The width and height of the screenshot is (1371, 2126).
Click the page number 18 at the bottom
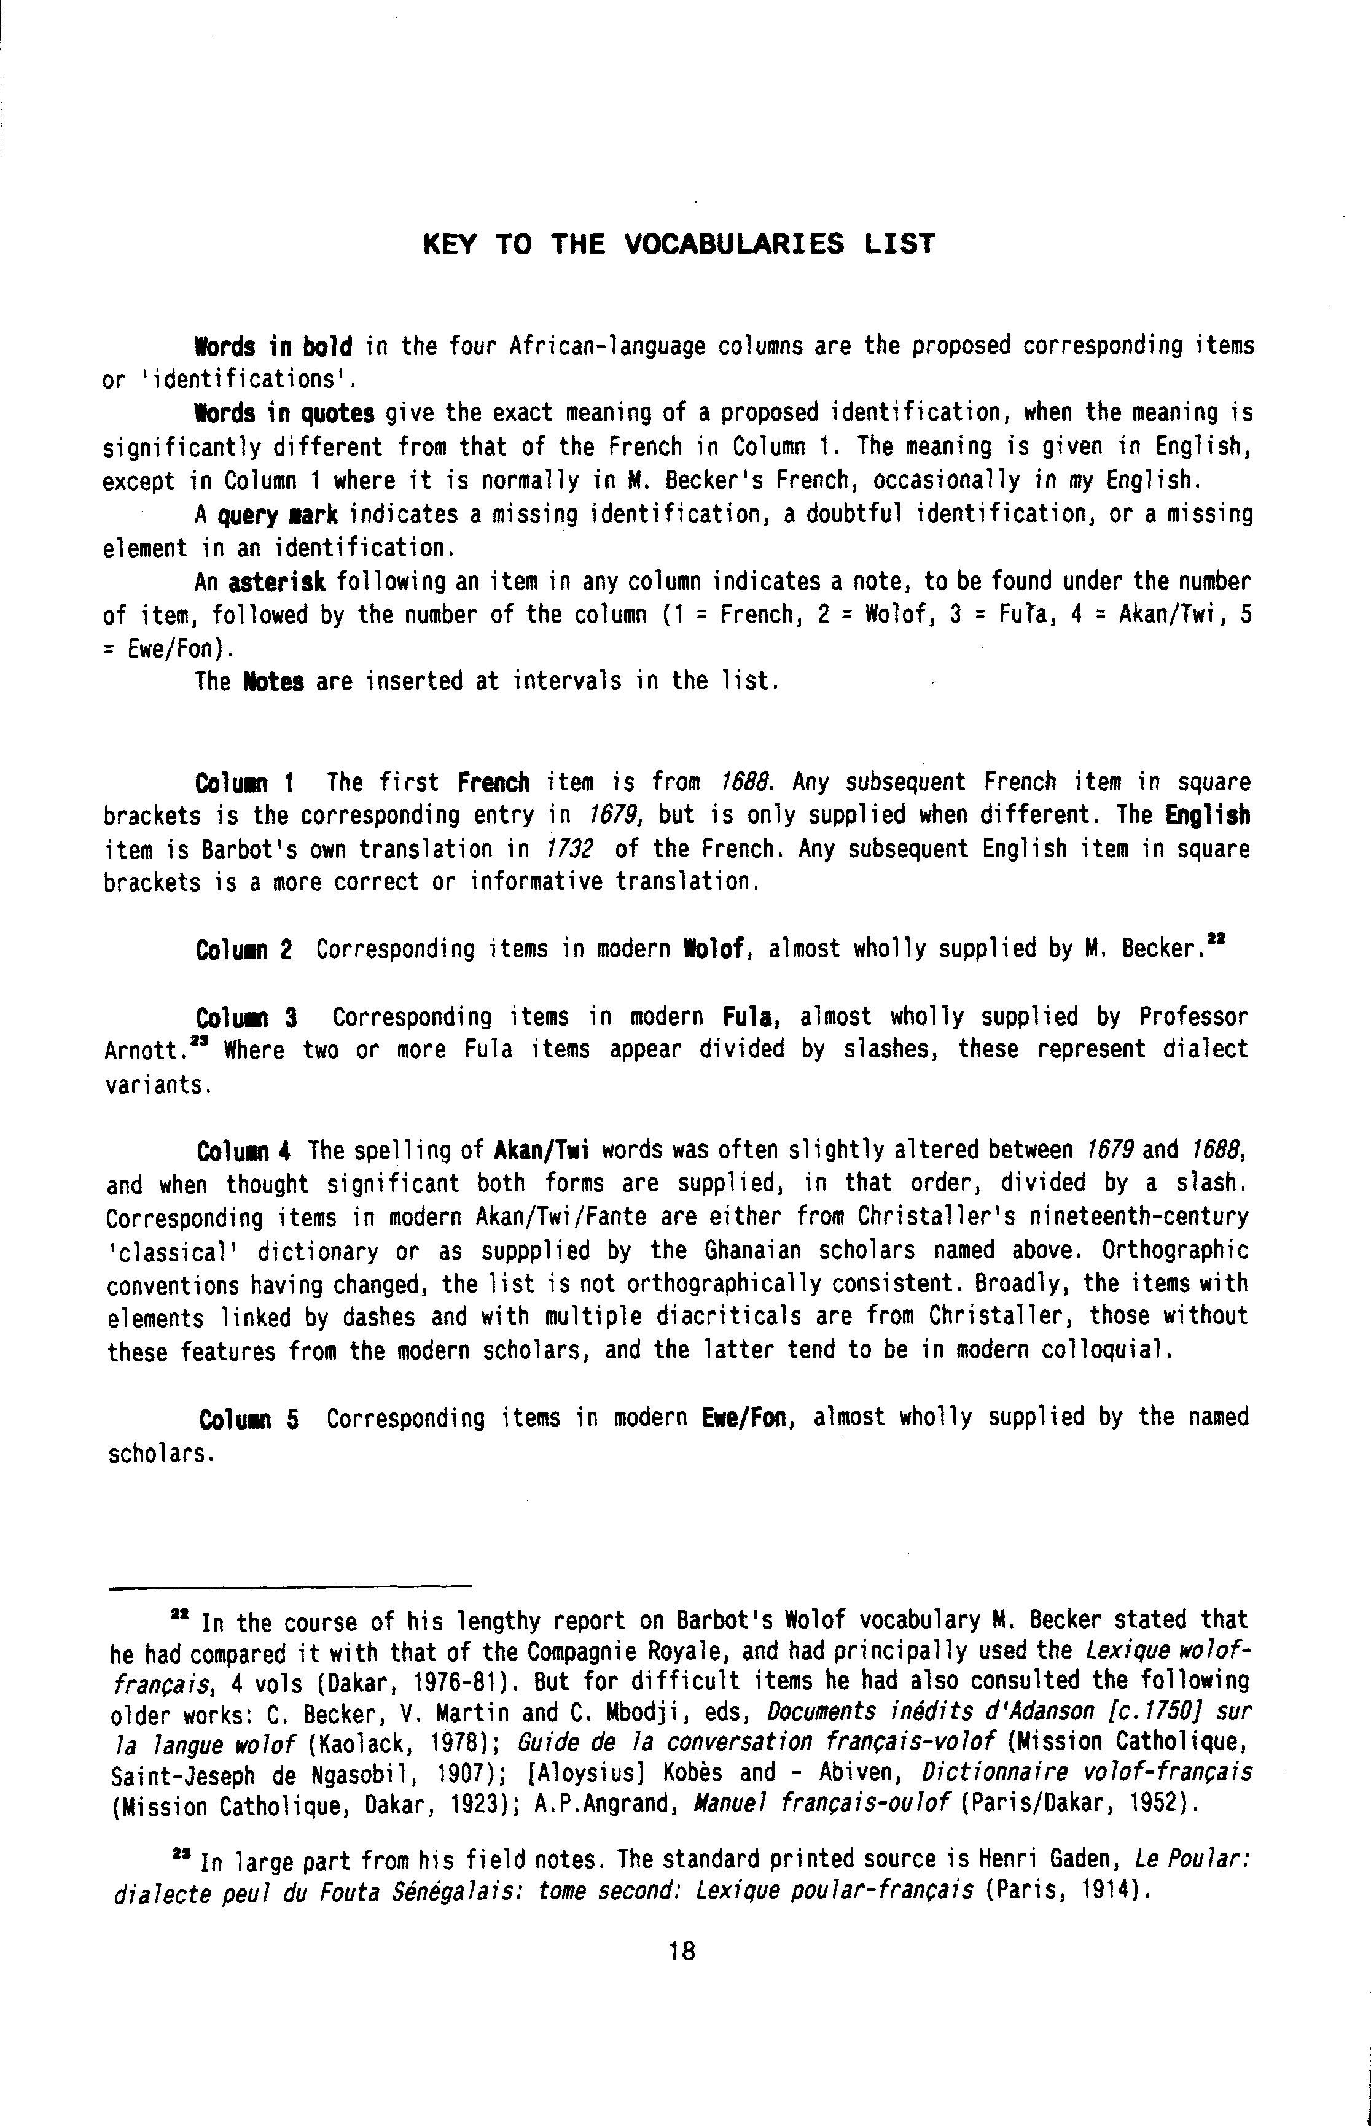point(681,1952)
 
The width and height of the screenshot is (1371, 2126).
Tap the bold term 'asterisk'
point(277,583)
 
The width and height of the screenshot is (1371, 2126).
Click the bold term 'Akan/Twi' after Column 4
point(543,1151)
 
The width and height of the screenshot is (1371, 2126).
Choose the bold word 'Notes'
point(273,682)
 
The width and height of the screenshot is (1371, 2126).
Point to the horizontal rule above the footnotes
point(289,1586)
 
